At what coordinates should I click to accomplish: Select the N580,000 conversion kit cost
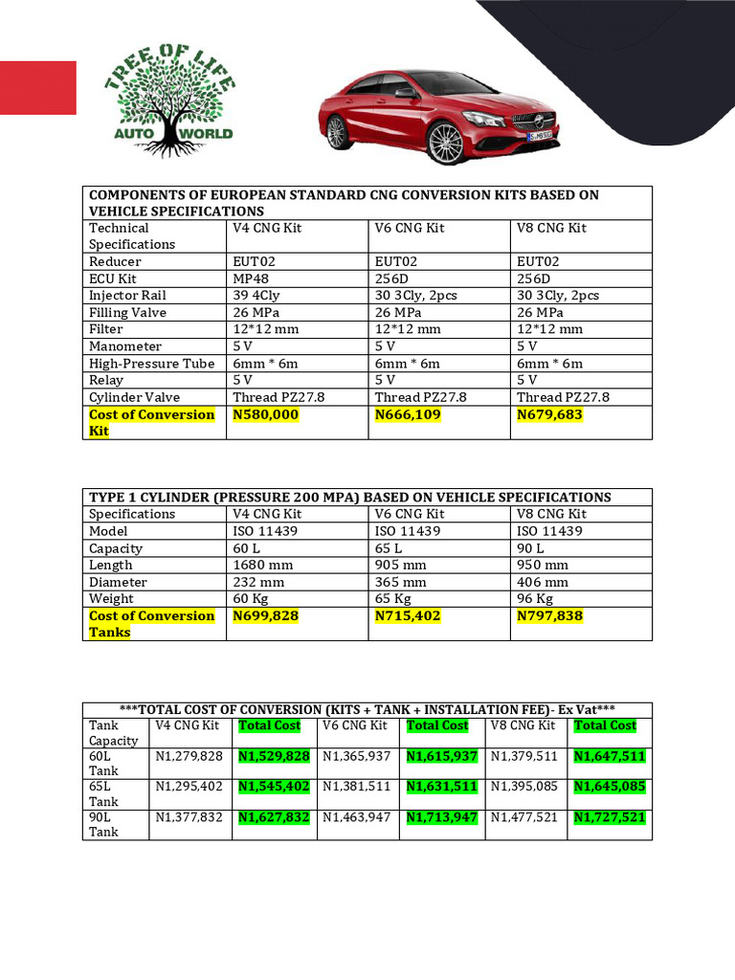pyautogui.click(x=266, y=414)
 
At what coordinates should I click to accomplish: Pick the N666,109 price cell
pyautogui.click(x=408, y=414)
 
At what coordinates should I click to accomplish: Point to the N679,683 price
pyautogui.click(x=549, y=414)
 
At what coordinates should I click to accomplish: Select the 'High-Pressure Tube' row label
pyautogui.click(x=151, y=364)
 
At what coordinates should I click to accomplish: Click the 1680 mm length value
pyautogui.click(x=262, y=565)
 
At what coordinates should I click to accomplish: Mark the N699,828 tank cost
pyautogui.click(x=266, y=615)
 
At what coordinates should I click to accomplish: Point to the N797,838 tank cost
pyautogui.click(x=549, y=615)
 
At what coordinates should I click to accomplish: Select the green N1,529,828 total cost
pyautogui.click(x=274, y=756)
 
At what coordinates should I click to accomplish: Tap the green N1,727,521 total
pyautogui.click(x=610, y=816)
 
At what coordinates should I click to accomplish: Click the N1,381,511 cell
pyautogui.click(x=357, y=787)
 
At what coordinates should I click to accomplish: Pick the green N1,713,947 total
pyautogui.click(x=441, y=816)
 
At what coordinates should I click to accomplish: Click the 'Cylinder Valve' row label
pyautogui.click(x=134, y=397)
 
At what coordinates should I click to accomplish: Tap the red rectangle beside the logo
pyautogui.click(x=38, y=88)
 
